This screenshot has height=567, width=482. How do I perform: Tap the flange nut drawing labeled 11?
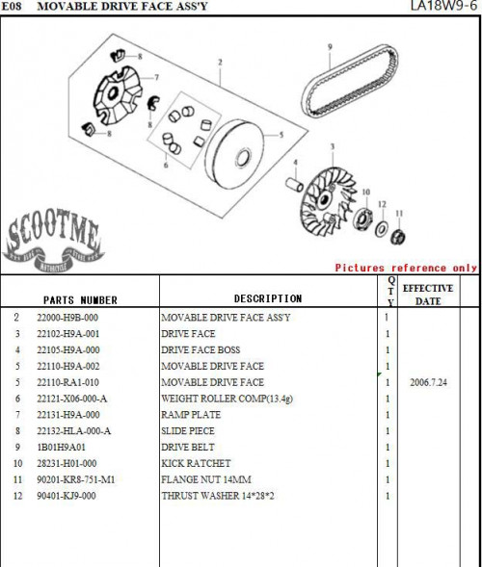tap(398, 237)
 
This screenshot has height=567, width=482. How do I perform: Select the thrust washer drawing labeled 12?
tap(381, 229)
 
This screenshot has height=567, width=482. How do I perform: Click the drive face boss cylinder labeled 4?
tap(294, 184)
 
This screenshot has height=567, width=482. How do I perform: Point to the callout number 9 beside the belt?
tap(330, 47)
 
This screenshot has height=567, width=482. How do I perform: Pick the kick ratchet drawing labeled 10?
tap(362, 219)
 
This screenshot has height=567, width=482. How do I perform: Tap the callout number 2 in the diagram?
tap(220, 63)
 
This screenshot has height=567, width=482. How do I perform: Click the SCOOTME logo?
tap(53, 240)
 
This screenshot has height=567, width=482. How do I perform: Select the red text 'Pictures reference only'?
tap(406, 268)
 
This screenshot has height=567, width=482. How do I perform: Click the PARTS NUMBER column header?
tap(80, 300)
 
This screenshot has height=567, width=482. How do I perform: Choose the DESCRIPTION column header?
tap(268, 298)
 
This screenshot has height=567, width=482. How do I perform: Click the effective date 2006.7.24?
tap(428, 382)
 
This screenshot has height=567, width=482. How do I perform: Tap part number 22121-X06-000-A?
tap(71, 399)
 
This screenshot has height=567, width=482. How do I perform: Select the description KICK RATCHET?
tap(196, 463)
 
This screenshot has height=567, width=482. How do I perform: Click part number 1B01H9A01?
tap(61, 447)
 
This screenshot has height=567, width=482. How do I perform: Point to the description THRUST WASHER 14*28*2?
tap(218, 496)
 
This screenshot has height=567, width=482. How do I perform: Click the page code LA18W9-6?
tap(444, 6)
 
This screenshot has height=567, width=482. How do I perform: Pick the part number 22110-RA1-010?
tap(67, 382)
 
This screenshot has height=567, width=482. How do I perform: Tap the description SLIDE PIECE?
tap(188, 430)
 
